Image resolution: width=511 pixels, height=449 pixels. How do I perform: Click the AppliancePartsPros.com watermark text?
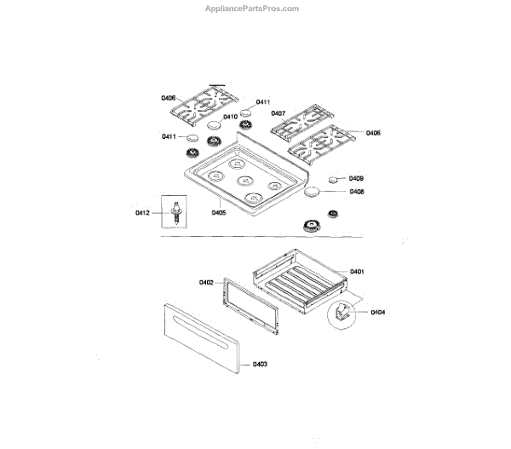coord(252,9)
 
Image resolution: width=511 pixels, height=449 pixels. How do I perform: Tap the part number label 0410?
coord(230,117)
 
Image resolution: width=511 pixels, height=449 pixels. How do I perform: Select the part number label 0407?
coord(278,113)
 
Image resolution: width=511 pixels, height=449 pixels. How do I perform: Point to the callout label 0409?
coord(356,178)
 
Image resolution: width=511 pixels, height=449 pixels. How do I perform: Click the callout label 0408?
coord(356,192)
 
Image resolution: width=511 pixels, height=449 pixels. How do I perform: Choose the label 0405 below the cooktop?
coord(218,212)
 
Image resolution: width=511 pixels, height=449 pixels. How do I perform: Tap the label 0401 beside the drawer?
coord(356,271)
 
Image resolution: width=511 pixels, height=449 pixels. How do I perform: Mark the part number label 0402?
coord(205,282)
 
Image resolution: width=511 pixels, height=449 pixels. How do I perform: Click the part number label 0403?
coord(260,365)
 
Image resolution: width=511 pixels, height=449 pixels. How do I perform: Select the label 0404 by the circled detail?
coord(377,312)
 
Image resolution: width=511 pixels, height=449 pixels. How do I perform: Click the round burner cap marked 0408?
coord(313,191)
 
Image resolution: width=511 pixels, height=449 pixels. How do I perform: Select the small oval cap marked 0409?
coord(332,180)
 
